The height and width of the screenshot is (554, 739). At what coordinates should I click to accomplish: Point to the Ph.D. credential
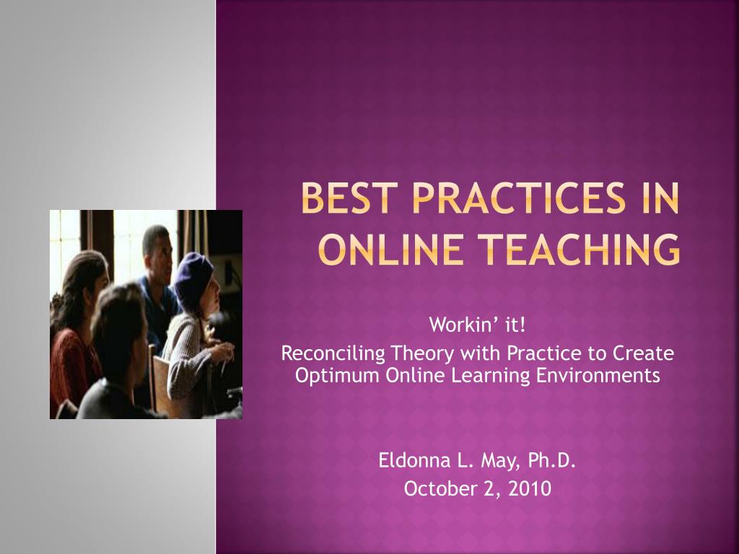(551, 460)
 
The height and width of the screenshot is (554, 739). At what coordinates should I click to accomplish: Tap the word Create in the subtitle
(643, 353)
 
